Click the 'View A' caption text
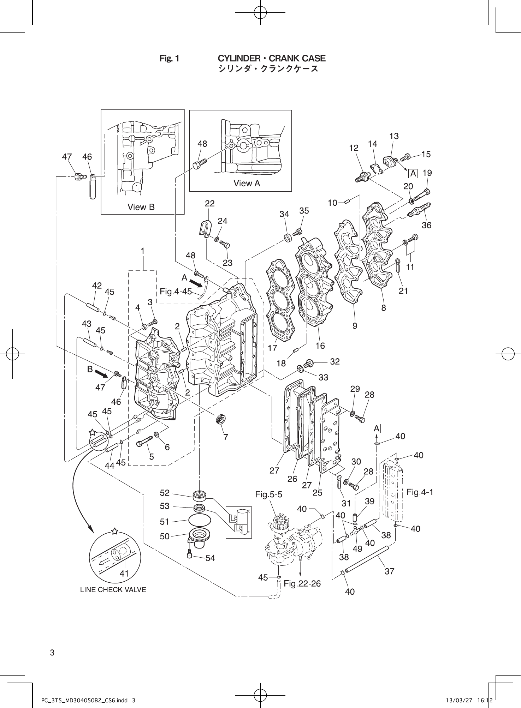247,183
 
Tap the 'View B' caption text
141,207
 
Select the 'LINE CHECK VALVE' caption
113,590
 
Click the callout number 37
389,571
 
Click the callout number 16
320,346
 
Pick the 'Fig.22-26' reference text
302,584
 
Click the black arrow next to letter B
105,373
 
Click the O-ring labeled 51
200,520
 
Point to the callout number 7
225,437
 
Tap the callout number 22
209,204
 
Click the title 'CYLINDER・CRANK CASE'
272,59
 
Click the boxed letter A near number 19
413,174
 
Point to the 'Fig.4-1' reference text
420,492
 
